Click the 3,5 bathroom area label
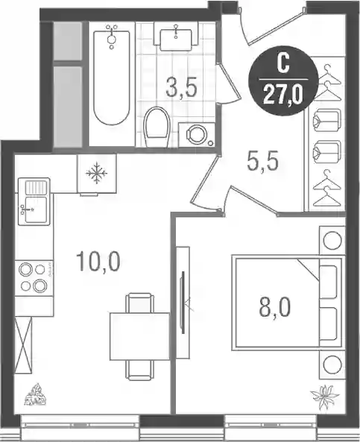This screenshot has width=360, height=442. [181, 88]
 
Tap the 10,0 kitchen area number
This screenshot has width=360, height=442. [98, 262]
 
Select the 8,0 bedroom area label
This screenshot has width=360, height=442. [274, 308]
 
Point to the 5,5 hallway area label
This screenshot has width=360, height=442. [263, 161]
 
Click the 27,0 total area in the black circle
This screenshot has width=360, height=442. [283, 95]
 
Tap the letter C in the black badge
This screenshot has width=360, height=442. [283, 63]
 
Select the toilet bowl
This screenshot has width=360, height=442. [157, 127]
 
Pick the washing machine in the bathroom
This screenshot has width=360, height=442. [197, 135]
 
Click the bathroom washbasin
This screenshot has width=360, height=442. [176, 37]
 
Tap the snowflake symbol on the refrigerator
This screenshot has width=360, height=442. [96, 172]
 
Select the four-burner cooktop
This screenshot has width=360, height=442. [34, 278]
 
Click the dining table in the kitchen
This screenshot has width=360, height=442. [139, 336]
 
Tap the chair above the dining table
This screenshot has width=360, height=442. [139, 303]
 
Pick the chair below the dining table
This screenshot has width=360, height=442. [139, 370]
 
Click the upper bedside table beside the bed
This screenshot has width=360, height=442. [332, 241]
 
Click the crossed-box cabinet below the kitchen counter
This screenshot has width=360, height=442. [23, 345]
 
